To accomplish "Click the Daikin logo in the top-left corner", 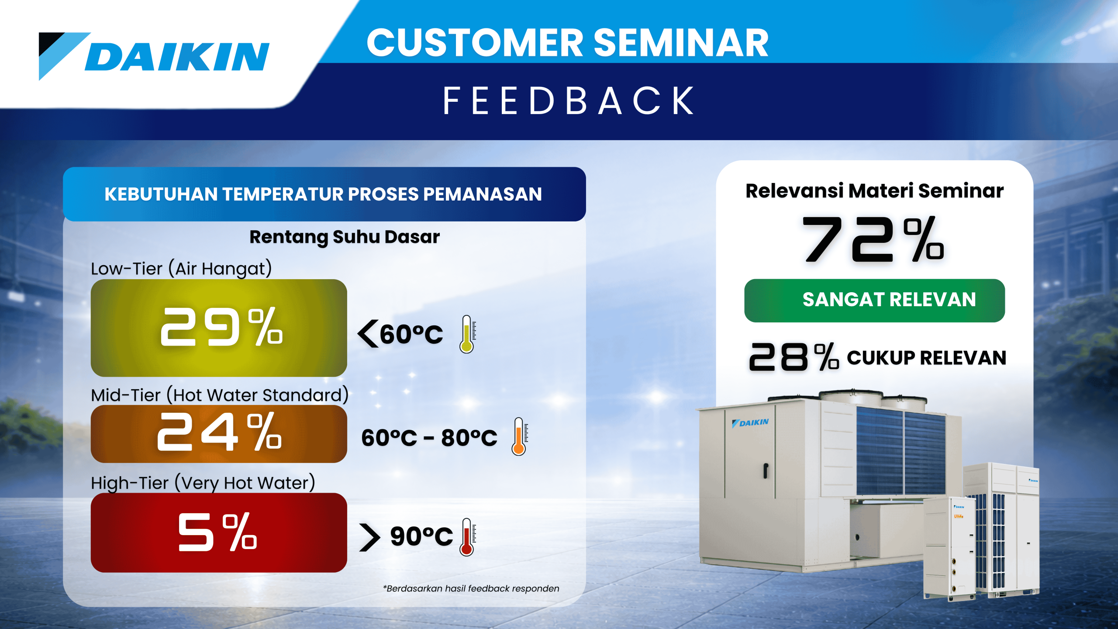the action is pos(154,56).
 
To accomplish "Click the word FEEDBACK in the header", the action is pos(569,101).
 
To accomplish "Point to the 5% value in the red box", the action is pos(217,532).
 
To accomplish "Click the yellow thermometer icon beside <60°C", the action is pos(467,334).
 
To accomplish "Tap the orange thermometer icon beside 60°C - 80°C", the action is pos(519,436).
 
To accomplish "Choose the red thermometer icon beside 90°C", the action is pos(467,537).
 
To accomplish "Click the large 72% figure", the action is pos(873,239).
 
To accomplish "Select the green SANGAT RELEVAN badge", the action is pos(874,301).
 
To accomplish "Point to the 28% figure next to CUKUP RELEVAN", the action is pos(794,357).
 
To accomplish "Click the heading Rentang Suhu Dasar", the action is pos(345,237).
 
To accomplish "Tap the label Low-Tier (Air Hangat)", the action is pos(181,268).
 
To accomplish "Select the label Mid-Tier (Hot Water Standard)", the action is pos(220,395).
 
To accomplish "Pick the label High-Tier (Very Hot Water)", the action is pos(203,483).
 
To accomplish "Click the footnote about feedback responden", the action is pos(471,588).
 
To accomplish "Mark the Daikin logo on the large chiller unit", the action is pos(750,423).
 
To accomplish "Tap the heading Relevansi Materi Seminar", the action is pos(874,191).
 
